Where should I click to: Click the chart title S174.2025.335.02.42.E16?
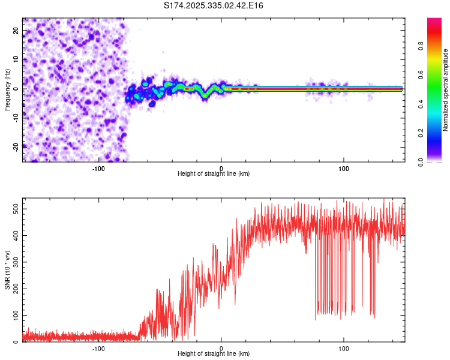[x=214, y=5]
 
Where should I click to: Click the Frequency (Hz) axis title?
[x=7, y=89]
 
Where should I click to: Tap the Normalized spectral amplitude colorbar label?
[x=446, y=90]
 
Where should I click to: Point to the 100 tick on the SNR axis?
[x=14, y=315]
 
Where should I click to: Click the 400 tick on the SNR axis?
[x=14, y=235]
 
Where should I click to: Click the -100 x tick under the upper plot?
[x=98, y=169]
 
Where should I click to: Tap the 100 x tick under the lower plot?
[x=344, y=349]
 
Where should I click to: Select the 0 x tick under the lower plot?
[x=221, y=349]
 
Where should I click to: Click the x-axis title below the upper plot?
[x=214, y=174]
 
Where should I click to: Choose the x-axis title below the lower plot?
[x=214, y=355]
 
